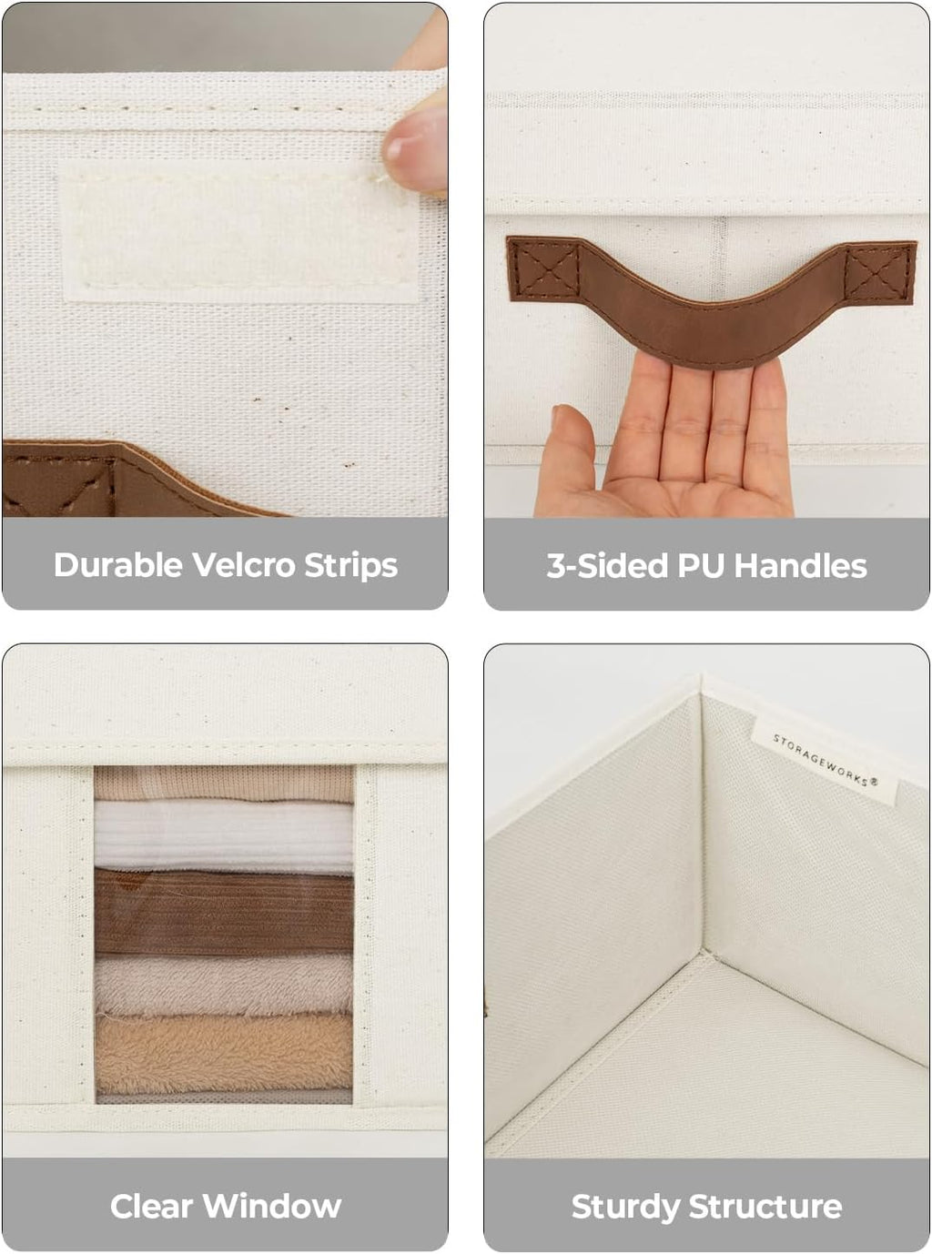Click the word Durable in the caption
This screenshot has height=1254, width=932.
pyautogui.click(x=117, y=564)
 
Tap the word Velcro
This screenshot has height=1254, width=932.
pyautogui.click(x=243, y=564)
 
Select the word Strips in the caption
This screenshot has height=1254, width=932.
pyautogui.click(x=350, y=565)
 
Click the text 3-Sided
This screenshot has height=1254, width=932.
pyautogui.click(x=607, y=565)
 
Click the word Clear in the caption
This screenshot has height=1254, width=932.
pyautogui.click(x=151, y=1206)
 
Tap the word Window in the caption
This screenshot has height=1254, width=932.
pyautogui.click(x=272, y=1206)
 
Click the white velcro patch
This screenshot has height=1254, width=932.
pyautogui.click(x=239, y=232)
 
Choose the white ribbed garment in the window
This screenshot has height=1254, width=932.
pyautogui.click(x=224, y=835)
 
